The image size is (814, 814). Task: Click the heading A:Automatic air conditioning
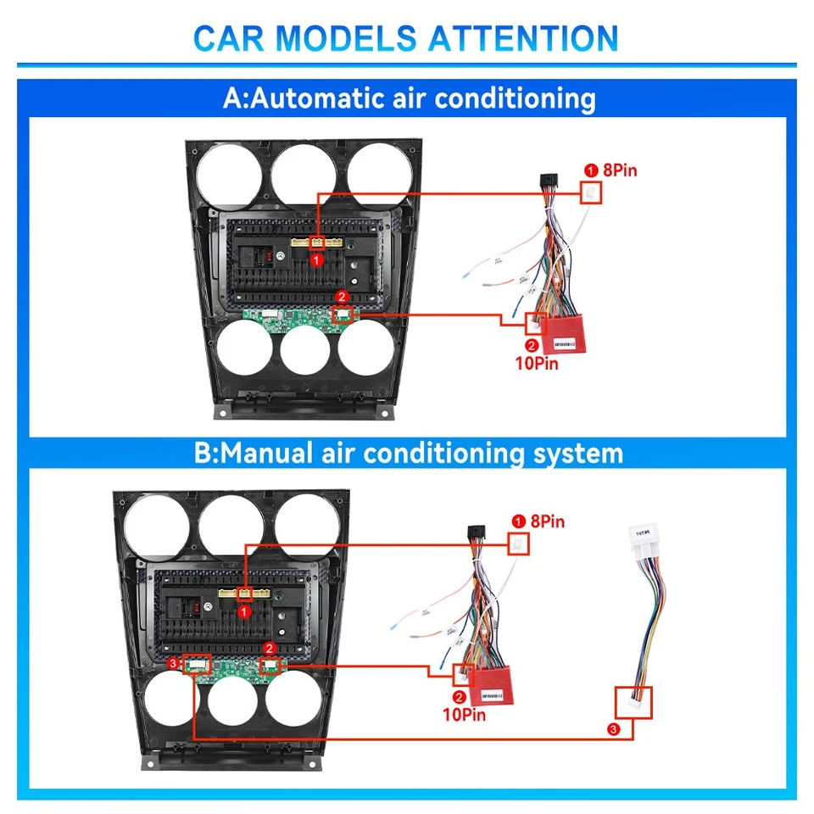click(407, 98)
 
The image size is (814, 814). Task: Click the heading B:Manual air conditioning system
click(407, 452)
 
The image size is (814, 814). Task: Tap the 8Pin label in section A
click(619, 170)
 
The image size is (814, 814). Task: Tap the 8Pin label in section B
click(547, 521)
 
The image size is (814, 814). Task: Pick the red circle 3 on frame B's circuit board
click(174, 663)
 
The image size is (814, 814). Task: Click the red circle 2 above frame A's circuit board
click(342, 297)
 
